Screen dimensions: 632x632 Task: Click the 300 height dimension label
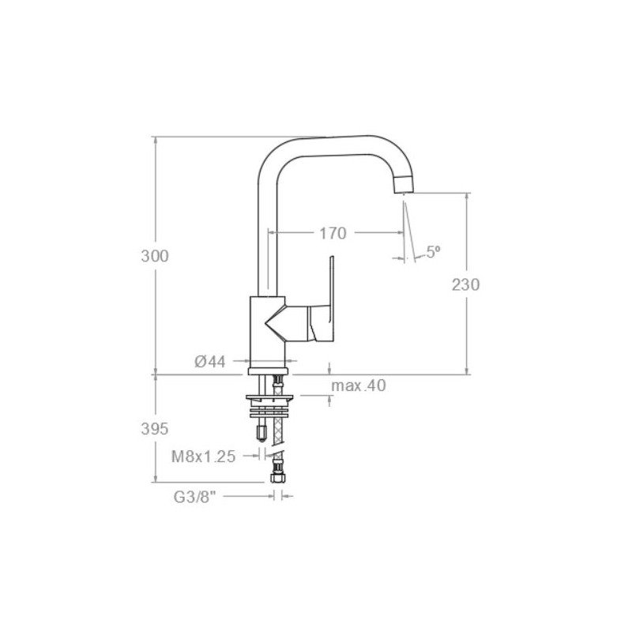click(155, 256)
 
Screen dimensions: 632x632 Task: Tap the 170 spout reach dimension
click(333, 233)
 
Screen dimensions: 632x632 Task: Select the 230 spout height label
click(465, 284)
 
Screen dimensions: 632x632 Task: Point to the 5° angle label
click(433, 252)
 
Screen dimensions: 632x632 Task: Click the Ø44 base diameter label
click(210, 362)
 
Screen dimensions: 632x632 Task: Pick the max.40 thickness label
click(359, 386)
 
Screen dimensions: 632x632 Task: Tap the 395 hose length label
click(155, 429)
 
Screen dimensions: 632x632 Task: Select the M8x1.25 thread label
click(204, 457)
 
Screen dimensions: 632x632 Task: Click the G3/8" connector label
click(195, 497)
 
